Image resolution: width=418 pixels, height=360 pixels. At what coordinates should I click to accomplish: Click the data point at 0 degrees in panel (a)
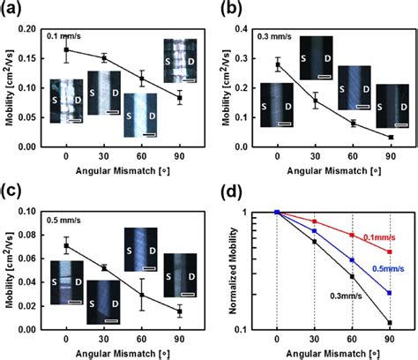(x=66, y=50)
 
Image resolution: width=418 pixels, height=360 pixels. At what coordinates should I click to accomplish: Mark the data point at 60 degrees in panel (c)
(x=142, y=294)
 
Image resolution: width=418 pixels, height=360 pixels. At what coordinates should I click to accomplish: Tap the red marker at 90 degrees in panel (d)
(x=390, y=252)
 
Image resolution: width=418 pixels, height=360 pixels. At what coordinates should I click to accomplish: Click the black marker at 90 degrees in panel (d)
(x=390, y=322)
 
